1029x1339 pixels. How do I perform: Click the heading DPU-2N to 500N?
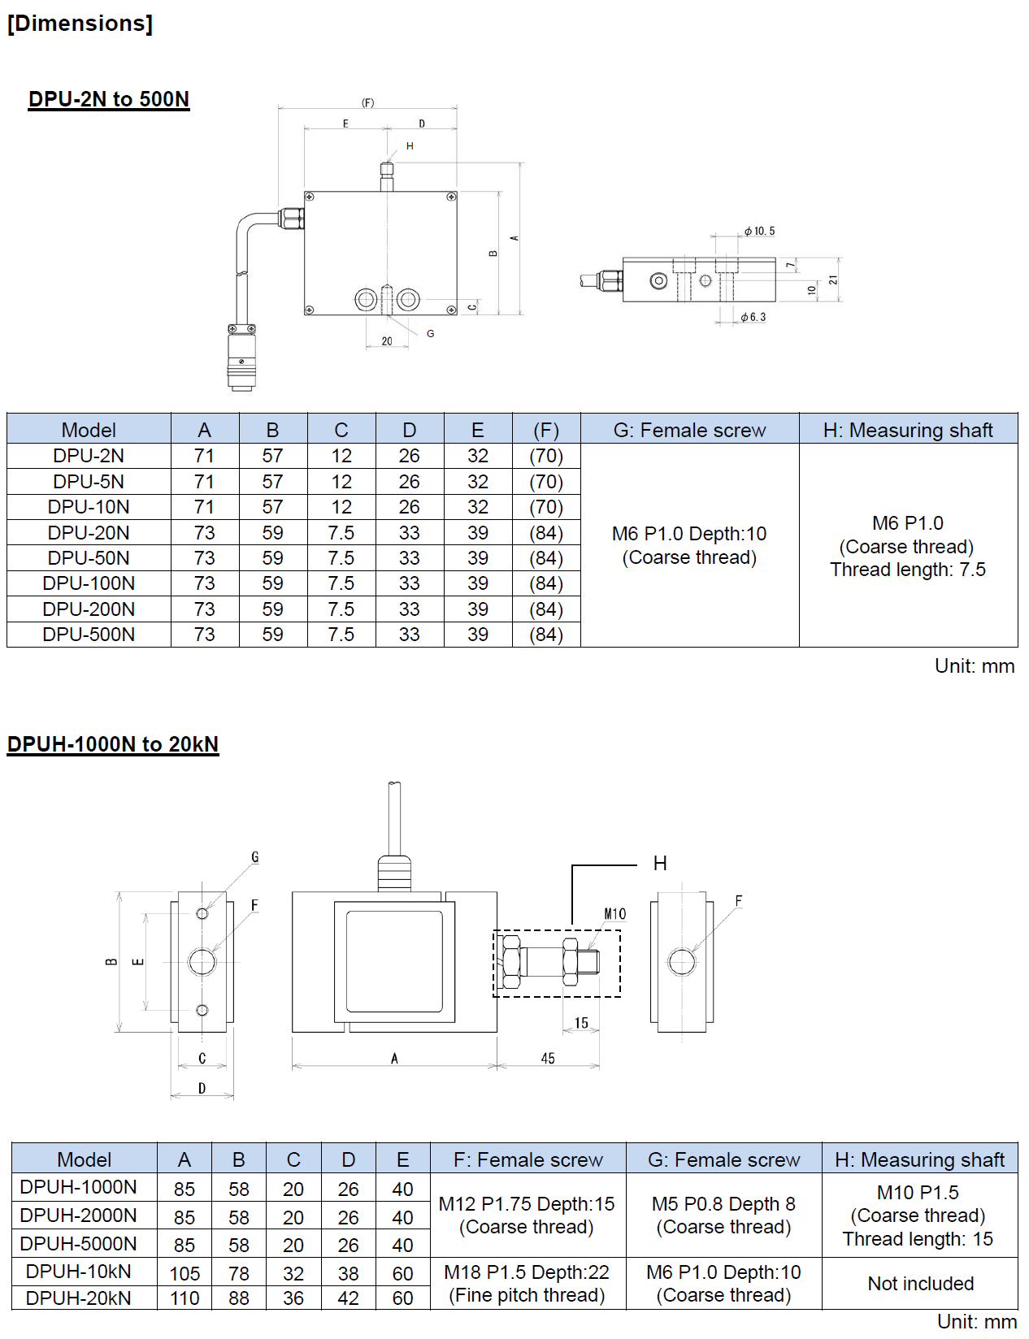coord(109,99)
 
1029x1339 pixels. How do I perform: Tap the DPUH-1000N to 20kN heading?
coord(113,744)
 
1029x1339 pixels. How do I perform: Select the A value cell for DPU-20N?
coord(205,533)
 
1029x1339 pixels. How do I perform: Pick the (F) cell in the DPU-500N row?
coord(546,635)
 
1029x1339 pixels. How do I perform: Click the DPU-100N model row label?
coord(89,583)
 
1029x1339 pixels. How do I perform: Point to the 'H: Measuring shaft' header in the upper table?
coord(908,430)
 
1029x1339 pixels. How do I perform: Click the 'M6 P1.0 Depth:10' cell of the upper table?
coord(689,545)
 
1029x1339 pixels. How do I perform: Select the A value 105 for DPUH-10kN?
coord(185,1273)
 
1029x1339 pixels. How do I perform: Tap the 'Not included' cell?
coord(920,1284)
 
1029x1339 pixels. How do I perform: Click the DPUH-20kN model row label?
coord(78,1298)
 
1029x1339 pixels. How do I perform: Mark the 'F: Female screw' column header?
coord(528,1159)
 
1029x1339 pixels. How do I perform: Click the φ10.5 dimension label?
coord(759,232)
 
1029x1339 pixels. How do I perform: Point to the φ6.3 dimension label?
coord(753,317)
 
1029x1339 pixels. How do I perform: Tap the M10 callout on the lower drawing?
coord(614,914)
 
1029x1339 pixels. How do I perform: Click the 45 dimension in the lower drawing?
coord(548,1058)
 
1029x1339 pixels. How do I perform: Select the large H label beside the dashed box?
coord(660,864)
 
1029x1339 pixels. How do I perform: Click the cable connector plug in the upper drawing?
coord(241,357)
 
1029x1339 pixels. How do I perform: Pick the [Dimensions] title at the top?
coord(80,24)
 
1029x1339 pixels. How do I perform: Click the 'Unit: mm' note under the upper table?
coord(974,666)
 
